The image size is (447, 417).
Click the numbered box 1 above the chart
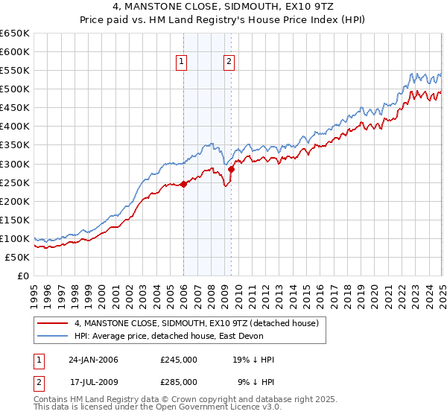(183, 63)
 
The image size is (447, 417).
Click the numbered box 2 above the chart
(229, 63)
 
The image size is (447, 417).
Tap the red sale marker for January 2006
(184, 184)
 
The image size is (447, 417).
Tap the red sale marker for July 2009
(232, 169)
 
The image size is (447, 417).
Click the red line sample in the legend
(53, 323)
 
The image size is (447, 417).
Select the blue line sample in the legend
(53, 336)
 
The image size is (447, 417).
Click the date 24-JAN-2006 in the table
(93, 360)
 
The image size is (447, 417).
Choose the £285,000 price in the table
(179, 381)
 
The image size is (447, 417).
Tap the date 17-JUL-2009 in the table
(93, 381)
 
